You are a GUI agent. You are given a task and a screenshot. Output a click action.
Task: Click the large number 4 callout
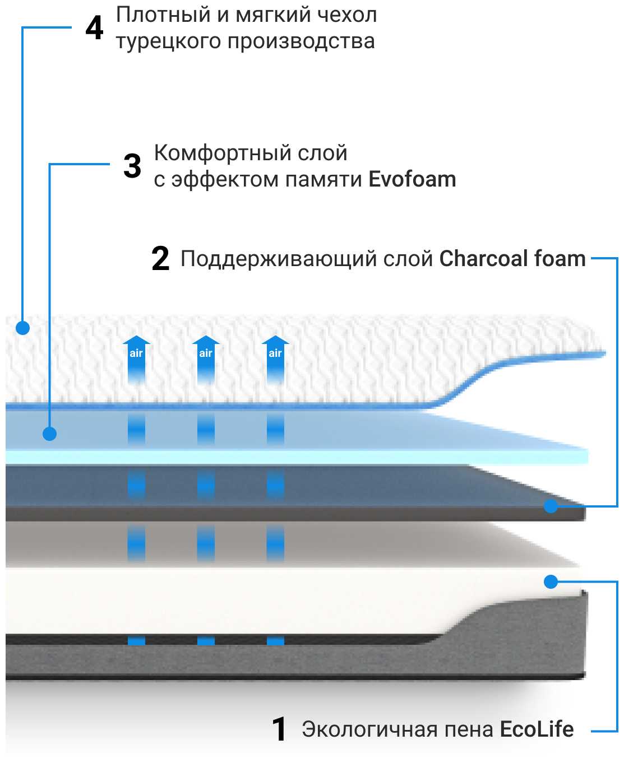(x=94, y=28)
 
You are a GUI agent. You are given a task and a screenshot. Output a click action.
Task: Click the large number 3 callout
(x=132, y=166)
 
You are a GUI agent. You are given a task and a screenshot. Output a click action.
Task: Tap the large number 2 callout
(x=160, y=259)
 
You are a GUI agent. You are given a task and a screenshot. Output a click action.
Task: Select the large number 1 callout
(x=279, y=729)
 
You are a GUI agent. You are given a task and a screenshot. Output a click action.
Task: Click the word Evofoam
(x=412, y=179)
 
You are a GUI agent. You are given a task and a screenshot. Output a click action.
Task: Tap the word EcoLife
(x=537, y=729)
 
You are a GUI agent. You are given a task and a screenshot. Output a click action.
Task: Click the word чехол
(x=346, y=15)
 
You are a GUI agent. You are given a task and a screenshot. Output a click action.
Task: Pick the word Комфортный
(x=222, y=153)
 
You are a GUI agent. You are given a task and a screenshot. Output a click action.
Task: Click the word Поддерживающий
(x=278, y=259)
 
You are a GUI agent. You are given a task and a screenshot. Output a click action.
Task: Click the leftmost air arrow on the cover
(x=136, y=359)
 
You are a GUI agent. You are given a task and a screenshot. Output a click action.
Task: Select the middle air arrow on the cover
(x=206, y=359)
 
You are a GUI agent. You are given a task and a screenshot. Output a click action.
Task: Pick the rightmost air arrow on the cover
(x=275, y=359)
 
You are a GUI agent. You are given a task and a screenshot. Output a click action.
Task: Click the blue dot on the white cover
(x=22, y=327)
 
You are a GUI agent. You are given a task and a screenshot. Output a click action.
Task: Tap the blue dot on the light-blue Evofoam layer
(x=50, y=434)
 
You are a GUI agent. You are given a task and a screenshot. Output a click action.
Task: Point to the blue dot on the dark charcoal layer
(x=551, y=506)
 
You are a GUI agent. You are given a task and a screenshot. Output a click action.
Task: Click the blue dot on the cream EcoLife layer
(x=551, y=581)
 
